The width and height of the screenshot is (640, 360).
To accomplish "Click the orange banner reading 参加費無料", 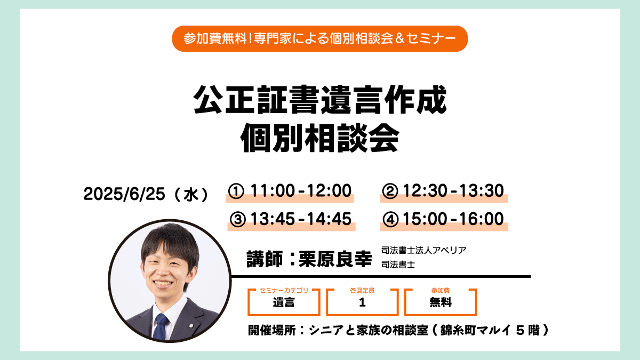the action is click(319, 38).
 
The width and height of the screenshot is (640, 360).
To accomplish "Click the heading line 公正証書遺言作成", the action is click(319, 99).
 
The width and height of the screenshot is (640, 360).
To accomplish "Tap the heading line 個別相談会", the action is click(319, 138).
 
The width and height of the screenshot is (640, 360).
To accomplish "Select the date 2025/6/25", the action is click(124, 194).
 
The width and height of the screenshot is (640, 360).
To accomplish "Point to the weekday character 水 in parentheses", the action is click(191, 195).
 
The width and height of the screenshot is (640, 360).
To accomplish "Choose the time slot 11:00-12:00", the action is click(301, 190).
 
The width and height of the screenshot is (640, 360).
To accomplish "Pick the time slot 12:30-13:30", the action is click(453, 190).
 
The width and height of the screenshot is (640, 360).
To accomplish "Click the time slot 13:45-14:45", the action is click(301, 219).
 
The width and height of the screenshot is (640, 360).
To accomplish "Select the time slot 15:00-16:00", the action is click(453, 219).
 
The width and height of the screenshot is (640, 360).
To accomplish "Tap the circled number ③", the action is click(238, 219).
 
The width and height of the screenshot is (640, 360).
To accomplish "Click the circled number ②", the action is click(390, 191).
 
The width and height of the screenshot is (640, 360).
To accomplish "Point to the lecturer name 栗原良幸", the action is click(335, 259).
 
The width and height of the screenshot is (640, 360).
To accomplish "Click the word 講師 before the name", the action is click(265, 259).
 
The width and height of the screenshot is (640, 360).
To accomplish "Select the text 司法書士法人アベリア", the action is click(423, 250).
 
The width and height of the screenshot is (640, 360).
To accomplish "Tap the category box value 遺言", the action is click(283, 302).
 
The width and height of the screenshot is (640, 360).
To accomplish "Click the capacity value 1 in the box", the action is click(362, 302).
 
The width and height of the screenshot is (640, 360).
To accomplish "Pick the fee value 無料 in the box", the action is click(441, 302).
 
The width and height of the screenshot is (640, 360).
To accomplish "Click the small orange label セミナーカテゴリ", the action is click(284, 290).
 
